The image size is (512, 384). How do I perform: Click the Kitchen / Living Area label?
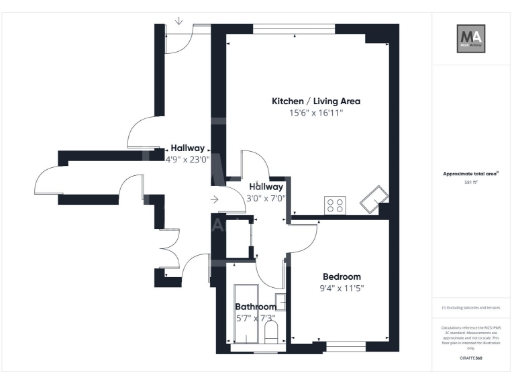pos(316,101)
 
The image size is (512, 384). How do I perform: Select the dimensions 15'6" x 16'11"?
pos(316,113)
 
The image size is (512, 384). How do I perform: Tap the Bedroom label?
pos(341,276)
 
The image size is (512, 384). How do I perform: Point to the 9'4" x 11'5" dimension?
pos(341,288)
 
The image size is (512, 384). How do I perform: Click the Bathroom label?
pos(255,306)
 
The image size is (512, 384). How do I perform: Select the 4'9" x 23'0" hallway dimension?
pos(187,158)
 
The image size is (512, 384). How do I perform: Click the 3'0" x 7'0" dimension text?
pos(266,198)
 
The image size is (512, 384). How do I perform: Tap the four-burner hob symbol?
pos(335,204)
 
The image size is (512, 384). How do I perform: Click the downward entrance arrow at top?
pos(178,19)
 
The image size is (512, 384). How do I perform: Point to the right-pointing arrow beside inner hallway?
pos(214,200)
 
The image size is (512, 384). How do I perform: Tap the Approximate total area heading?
pos(471,173)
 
